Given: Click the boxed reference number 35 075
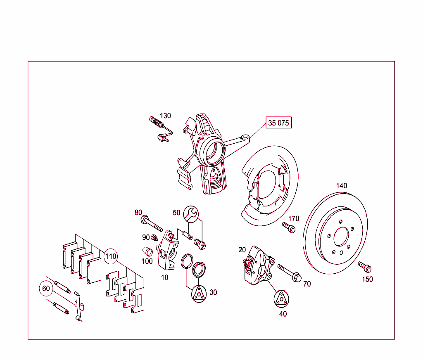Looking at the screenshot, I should click(279, 123).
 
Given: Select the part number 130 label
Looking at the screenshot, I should click(165, 116).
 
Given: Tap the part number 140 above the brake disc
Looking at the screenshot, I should click(342, 186).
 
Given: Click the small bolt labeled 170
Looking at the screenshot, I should click(289, 227).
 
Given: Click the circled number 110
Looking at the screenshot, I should click(110, 256).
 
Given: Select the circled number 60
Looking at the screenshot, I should click(46, 288).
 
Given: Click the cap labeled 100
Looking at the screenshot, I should click(147, 251).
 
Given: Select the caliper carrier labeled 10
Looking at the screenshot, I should click(168, 250).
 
